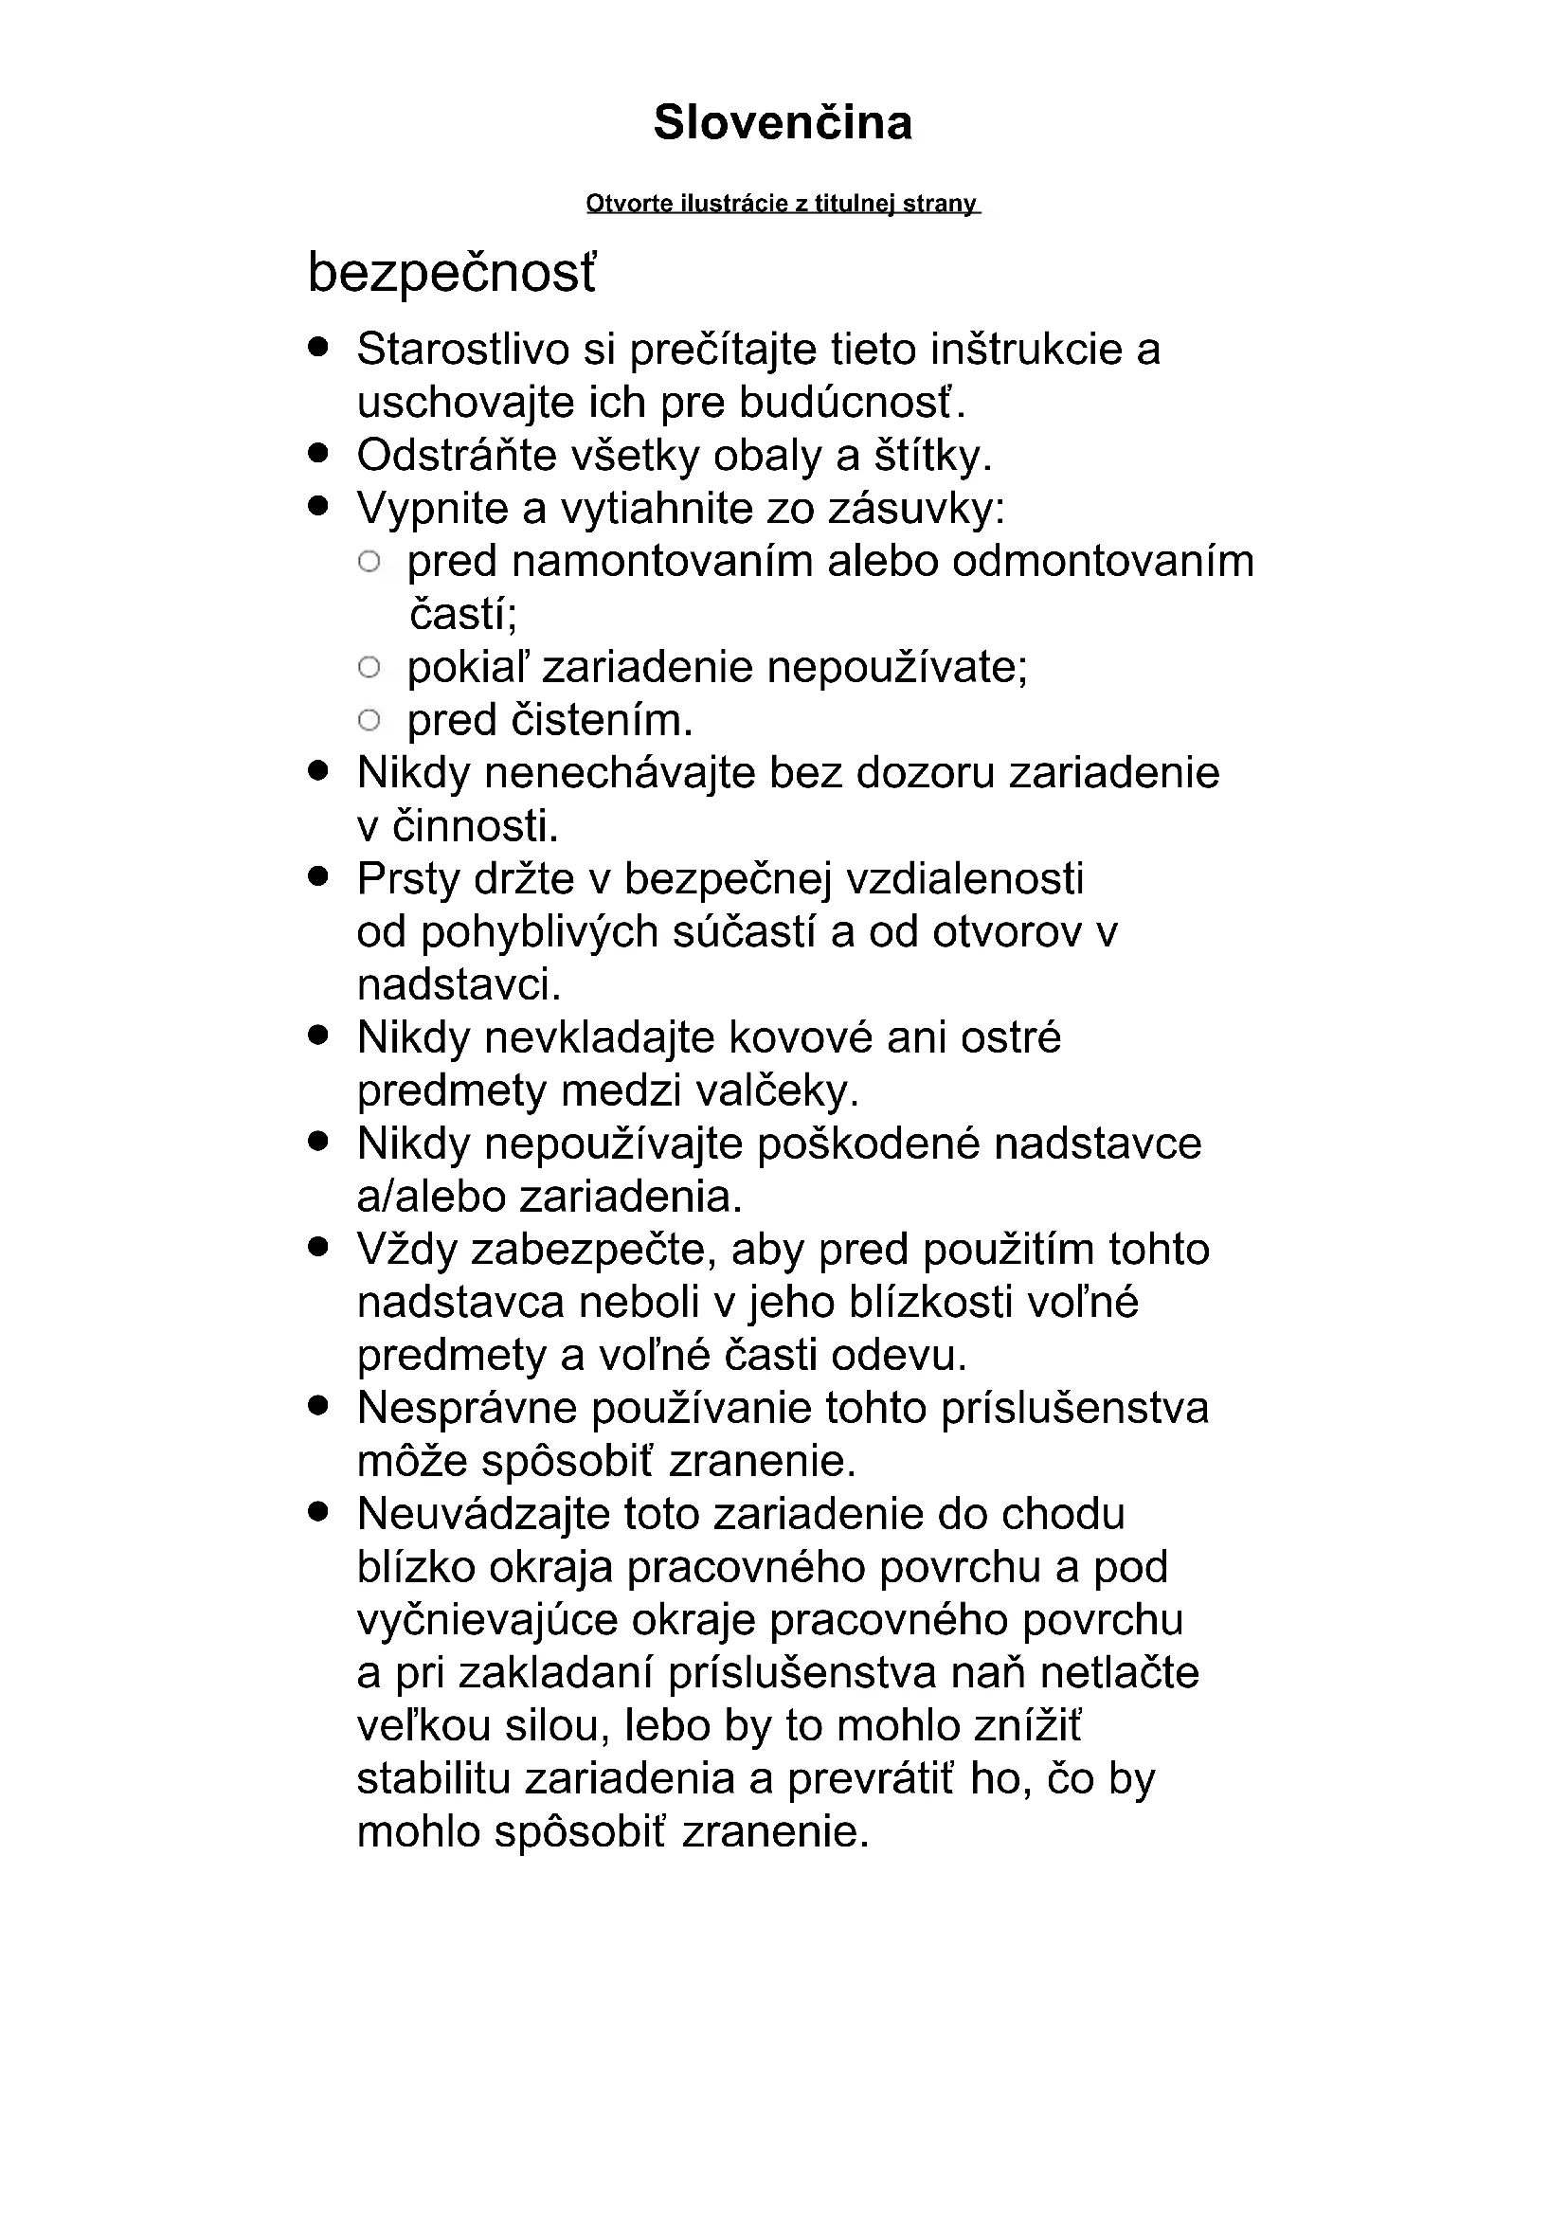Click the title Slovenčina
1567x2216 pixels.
point(783,123)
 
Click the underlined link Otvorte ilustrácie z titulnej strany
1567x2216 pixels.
point(783,204)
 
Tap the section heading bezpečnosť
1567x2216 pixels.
point(452,273)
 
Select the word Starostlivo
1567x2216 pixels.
point(462,350)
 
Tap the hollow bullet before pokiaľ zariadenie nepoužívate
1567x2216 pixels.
point(369,666)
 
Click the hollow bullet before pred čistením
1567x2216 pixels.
point(369,719)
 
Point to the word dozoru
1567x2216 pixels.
point(925,773)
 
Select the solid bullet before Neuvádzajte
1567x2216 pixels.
point(319,1512)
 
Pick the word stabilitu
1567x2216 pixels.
point(432,1780)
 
